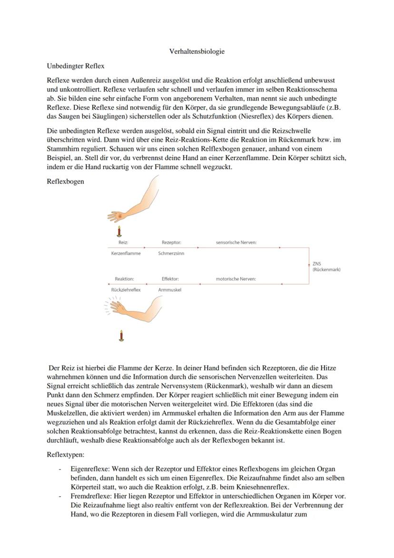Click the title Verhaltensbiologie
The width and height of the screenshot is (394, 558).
(x=197, y=51)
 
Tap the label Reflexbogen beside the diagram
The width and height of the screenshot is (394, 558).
(x=66, y=181)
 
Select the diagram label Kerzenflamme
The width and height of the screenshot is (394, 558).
(x=126, y=254)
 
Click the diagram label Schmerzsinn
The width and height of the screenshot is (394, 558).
(x=171, y=254)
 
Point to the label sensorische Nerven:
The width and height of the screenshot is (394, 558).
(x=236, y=243)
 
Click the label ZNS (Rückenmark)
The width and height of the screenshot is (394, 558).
(x=326, y=266)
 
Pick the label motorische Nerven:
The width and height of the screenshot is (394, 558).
(x=236, y=279)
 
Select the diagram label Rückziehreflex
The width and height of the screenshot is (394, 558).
(x=126, y=290)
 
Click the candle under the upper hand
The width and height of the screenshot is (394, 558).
(x=119, y=232)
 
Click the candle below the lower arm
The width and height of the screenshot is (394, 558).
(x=121, y=335)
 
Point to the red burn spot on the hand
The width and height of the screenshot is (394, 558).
(x=119, y=216)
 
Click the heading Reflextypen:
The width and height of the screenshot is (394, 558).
(x=66, y=455)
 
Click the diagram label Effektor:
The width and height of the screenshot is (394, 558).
(x=170, y=279)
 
